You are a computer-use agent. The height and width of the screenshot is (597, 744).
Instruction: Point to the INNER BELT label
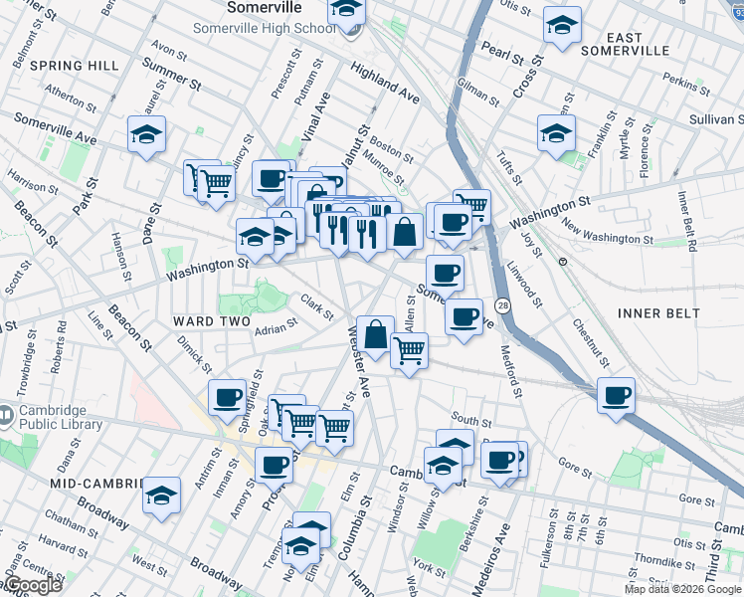(x=658, y=313)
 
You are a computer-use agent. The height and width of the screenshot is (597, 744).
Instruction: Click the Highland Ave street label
(x=383, y=83)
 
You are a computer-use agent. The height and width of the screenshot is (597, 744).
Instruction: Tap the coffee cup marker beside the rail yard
(x=616, y=395)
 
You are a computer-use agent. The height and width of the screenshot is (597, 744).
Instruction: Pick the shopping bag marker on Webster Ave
(x=375, y=335)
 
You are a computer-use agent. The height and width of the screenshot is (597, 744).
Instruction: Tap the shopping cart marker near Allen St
(x=409, y=351)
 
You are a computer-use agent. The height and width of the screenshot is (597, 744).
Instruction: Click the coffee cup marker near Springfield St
(x=227, y=397)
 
